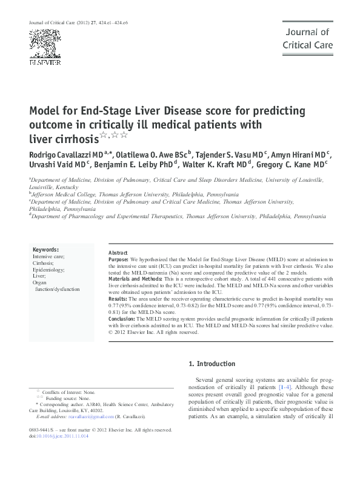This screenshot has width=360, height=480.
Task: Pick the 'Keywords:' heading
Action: pos(45,250)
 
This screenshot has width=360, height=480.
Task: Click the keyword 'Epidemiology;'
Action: pos(49,269)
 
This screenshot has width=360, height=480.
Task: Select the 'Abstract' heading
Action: pos(118,252)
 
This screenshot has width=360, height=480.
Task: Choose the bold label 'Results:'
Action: pos(118,299)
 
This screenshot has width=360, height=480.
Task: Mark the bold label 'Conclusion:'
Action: pos(121,319)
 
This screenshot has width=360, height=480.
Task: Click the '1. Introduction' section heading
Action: pos(212,364)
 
